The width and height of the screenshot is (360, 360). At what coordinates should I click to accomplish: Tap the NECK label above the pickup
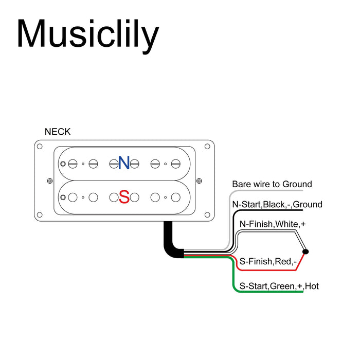[58, 132]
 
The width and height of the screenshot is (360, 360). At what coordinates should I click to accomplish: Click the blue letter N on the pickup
[124, 163]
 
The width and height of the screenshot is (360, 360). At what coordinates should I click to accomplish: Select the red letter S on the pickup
[124, 197]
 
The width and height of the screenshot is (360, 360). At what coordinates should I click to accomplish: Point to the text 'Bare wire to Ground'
[272, 184]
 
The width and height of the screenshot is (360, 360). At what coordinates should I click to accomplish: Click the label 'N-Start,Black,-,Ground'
[277, 205]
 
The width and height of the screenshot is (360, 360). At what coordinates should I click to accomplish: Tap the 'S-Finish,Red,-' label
[268, 262]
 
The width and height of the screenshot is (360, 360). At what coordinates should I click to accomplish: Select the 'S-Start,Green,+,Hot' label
[279, 286]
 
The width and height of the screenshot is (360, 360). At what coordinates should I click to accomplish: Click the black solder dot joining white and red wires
[305, 251]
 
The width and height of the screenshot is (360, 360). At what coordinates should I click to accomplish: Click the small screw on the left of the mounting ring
[49, 181]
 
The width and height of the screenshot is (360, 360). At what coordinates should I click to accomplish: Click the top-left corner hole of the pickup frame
[39, 146]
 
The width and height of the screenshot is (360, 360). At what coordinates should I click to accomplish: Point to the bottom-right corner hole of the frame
[207, 214]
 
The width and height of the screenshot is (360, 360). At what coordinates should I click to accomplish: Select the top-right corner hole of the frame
[207, 146]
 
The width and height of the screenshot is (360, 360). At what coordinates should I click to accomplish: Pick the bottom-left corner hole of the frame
[39, 214]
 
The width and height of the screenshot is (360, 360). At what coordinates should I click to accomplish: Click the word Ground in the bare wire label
[295, 184]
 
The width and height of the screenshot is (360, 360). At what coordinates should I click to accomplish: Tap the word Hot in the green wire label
[312, 286]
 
